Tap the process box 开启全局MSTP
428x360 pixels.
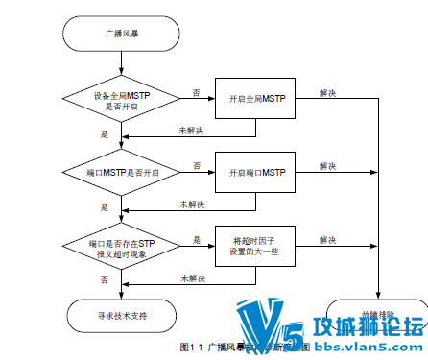(256, 100)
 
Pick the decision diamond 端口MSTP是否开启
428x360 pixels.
(121, 173)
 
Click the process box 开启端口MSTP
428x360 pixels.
(256, 173)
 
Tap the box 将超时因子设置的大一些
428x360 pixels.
(256, 247)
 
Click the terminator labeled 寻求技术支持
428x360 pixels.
(121, 314)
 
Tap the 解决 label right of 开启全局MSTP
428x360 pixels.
(327, 92)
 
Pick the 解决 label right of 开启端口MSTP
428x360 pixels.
(327, 165)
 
